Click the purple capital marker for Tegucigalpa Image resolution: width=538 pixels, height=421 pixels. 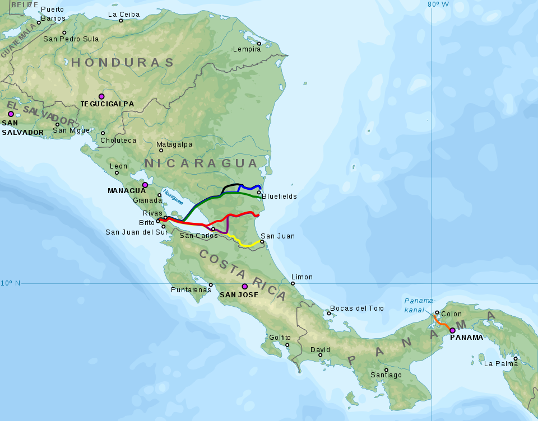(x=101, y=96)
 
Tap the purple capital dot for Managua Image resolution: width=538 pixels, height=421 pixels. (x=145, y=185)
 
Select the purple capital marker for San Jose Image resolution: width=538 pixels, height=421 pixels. (x=244, y=286)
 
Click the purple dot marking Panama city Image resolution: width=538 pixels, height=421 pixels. (x=452, y=330)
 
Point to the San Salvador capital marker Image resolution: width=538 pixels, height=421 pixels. (x=11, y=114)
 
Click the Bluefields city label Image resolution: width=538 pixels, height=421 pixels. (x=279, y=197)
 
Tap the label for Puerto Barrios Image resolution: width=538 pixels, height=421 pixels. (x=53, y=14)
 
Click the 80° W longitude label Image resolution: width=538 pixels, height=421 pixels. (x=438, y=4)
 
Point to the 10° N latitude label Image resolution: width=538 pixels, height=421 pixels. (x=10, y=283)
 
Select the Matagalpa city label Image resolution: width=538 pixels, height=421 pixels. (x=174, y=144)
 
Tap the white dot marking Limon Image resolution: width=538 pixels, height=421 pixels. (x=293, y=283)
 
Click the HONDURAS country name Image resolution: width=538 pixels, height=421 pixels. (x=123, y=62)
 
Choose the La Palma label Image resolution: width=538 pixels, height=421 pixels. (x=500, y=363)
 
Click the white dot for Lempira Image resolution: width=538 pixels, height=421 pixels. (x=259, y=44)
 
